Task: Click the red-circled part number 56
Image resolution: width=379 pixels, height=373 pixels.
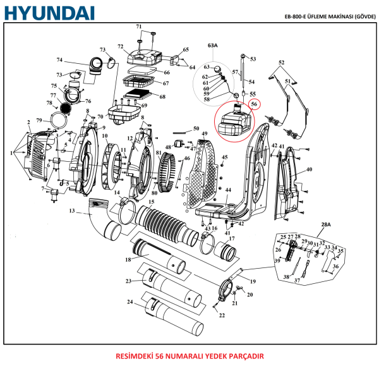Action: [x=254, y=104]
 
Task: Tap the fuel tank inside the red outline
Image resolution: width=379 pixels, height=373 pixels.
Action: [x=233, y=122]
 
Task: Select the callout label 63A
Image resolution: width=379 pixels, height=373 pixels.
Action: [x=212, y=46]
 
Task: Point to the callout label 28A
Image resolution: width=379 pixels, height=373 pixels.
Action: [x=326, y=225]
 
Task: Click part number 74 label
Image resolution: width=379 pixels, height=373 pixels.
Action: [x=59, y=61]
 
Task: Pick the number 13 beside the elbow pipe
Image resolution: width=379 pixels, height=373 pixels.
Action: [x=72, y=211]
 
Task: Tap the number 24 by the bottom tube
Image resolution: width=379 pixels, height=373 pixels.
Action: [x=129, y=302]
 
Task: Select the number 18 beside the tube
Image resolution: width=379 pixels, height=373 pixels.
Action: [x=128, y=259]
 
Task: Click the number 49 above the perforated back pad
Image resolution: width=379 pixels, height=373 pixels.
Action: [x=204, y=134]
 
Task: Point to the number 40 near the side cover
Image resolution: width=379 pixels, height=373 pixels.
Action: [x=309, y=169]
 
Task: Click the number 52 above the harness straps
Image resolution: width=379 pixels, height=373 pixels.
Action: [x=282, y=62]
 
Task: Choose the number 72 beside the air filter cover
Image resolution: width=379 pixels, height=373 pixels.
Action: [x=120, y=47]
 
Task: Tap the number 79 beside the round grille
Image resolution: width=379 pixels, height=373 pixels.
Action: [x=39, y=120]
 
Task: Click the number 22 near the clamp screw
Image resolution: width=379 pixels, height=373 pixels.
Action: [x=222, y=315]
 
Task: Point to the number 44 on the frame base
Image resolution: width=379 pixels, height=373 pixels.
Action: [x=228, y=190]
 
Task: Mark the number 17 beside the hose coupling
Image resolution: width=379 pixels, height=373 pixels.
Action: [x=232, y=238]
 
